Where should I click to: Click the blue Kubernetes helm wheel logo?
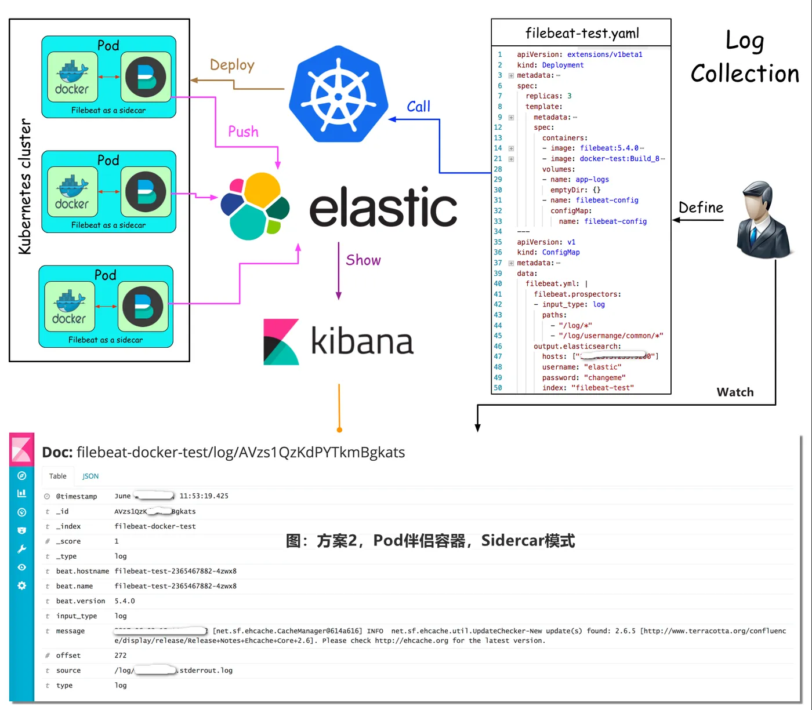pyautogui.click(x=339, y=94)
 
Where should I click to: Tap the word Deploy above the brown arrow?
pyautogui.click(x=232, y=65)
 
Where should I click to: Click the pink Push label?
pyautogui.click(x=243, y=132)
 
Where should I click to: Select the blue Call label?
pyautogui.click(x=418, y=107)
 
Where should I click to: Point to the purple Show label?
pyautogui.click(x=363, y=260)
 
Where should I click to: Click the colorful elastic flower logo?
pyautogui.click(x=255, y=206)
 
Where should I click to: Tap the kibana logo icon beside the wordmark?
pyautogui.click(x=281, y=341)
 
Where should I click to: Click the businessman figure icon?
pyautogui.click(x=762, y=220)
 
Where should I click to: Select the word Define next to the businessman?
pyautogui.click(x=701, y=207)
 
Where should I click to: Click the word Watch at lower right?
pyautogui.click(x=735, y=392)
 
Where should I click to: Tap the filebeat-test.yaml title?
pyautogui.click(x=582, y=33)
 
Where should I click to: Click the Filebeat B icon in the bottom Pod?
pyautogui.click(x=143, y=306)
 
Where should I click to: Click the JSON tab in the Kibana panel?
pyautogui.click(x=90, y=476)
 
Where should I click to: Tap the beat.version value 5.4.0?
pyautogui.click(x=125, y=601)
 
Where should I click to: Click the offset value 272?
pyautogui.click(x=121, y=656)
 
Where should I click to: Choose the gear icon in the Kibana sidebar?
pyautogui.click(x=22, y=585)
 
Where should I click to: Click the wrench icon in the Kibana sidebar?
pyautogui.click(x=22, y=549)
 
